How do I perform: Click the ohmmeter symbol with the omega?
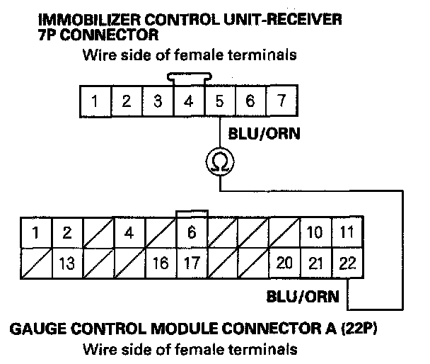(x=220, y=163)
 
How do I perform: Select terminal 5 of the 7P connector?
(x=219, y=101)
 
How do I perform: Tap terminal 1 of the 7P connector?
(x=95, y=101)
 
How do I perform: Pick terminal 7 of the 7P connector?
(x=281, y=101)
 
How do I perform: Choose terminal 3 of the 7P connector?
(x=157, y=101)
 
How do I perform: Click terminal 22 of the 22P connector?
(x=347, y=263)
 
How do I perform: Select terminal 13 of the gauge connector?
(x=67, y=263)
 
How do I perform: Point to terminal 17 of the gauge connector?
(x=191, y=263)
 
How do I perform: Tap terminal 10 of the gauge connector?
(x=316, y=232)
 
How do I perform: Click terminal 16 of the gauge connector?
(x=161, y=263)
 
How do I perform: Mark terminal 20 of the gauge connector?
(x=285, y=263)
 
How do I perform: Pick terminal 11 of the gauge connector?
(x=347, y=232)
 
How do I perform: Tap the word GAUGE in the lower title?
(x=36, y=329)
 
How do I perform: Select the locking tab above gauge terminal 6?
(x=191, y=213)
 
